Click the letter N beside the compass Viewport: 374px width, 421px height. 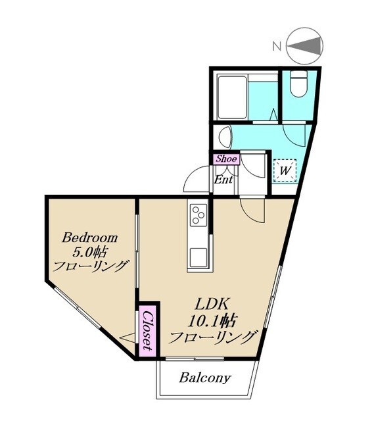click(277, 47)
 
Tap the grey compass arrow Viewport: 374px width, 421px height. click(306, 46)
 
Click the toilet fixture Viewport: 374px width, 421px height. click(298, 84)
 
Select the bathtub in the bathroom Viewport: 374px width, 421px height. click(232, 98)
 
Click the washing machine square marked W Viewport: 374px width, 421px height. click(285, 171)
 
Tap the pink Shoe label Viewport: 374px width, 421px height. click(227, 159)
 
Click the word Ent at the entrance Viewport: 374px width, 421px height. click(223, 180)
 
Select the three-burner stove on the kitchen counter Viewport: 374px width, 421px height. click(199, 215)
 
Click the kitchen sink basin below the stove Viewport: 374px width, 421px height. click(199, 257)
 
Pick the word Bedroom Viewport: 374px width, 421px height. click(89, 238)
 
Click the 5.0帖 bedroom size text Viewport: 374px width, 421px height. click(89, 252)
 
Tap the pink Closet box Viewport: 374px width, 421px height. click(147, 330)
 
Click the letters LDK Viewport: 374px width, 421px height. click(212, 305)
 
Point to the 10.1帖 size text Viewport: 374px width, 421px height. click(212, 320)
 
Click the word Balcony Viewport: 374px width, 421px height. click(204, 378)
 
